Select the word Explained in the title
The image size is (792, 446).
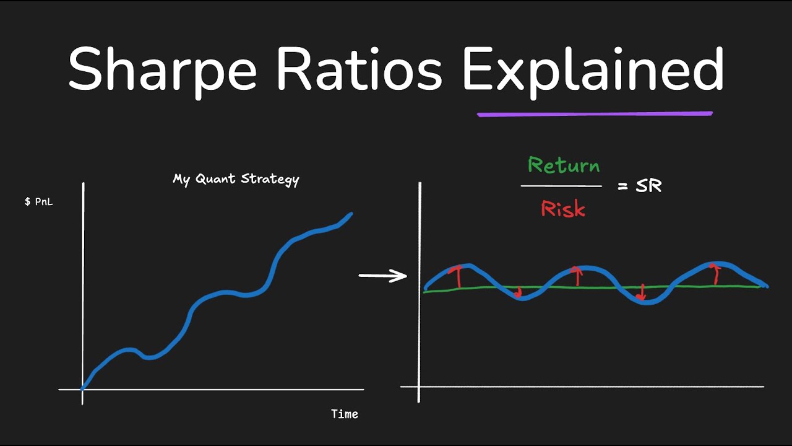click(x=593, y=69)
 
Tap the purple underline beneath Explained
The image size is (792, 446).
click(x=594, y=114)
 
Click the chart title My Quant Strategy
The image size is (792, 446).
click(x=236, y=179)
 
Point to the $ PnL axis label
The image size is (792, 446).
click(x=38, y=202)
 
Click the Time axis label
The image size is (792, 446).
click(x=345, y=414)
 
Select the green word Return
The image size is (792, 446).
click(x=563, y=165)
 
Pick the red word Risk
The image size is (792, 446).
click(x=563, y=209)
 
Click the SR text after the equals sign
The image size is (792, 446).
click(x=648, y=186)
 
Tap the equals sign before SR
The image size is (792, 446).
click(x=623, y=186)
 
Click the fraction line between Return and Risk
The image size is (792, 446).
click(x=561, y=186)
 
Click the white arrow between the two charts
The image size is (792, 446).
click(x=382, y=276)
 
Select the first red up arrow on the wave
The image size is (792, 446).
click(x=458, y=276)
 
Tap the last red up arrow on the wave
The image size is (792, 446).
click(x=715, y=274)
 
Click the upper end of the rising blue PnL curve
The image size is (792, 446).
click(x=350, y=214)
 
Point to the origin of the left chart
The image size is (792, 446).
click(x=83, y=389)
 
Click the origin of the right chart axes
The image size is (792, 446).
click(x=420, y=387)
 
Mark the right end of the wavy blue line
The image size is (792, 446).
click(x=766, y=286)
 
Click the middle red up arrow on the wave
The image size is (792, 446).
click(x=577, y=276)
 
